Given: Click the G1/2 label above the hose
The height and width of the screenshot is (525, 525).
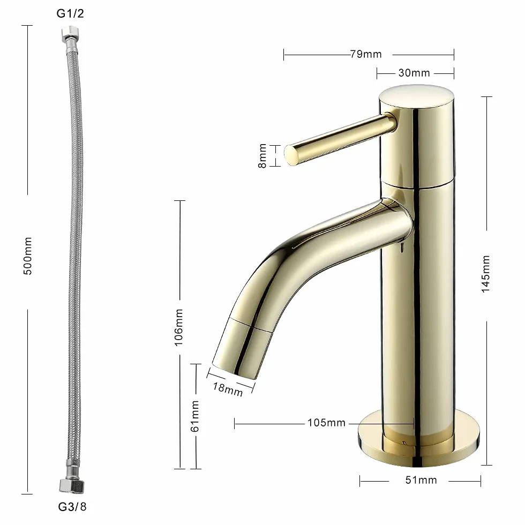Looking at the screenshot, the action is click(70, 13).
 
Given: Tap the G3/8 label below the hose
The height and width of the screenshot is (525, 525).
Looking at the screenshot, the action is click(72, 507).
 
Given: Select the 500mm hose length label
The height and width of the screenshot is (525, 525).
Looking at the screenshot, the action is click(28, 256).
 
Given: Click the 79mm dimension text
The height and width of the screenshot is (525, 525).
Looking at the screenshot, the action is click(366, 54).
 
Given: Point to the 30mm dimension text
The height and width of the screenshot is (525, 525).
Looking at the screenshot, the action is click(414, 73).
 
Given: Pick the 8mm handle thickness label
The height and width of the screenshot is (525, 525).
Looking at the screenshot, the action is click(262, 156).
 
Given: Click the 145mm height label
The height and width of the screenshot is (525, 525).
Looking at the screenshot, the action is click(485, 274).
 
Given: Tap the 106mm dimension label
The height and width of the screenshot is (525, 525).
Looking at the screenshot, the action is click(178, 327).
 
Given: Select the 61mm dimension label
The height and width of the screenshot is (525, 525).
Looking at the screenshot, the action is click(194, 416).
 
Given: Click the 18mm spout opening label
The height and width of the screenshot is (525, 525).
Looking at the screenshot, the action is click(228, 389).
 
